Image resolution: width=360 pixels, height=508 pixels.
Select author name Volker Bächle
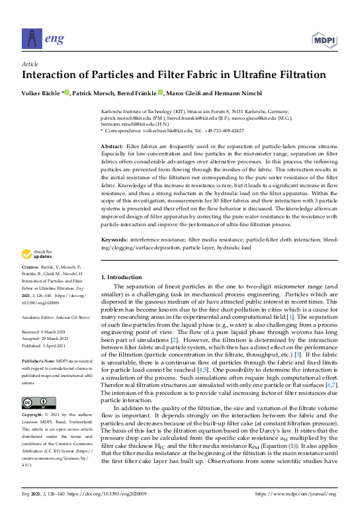pyautogui.click(x=42, y=93)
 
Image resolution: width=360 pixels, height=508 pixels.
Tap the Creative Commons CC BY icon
pyautogui.click(x=34, y=403)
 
